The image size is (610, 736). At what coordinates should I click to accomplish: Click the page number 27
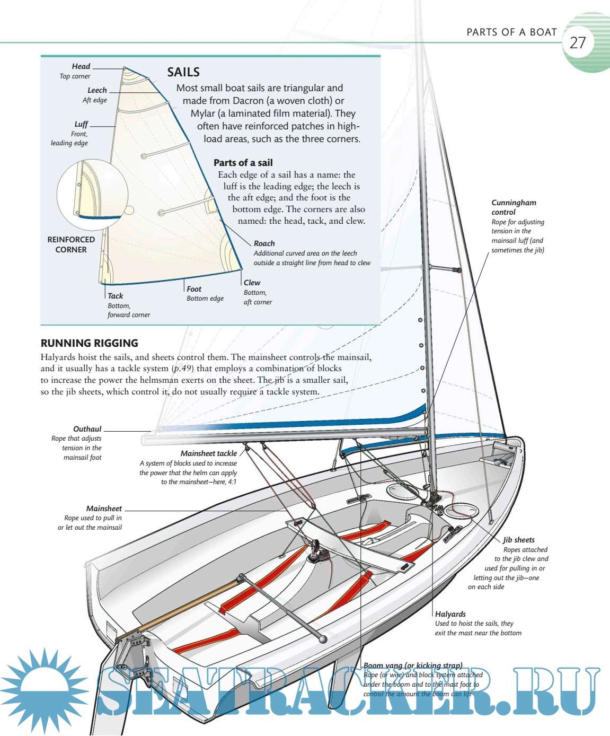[x=578, y=42]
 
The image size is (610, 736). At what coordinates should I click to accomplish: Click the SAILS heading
[x=183, y=72]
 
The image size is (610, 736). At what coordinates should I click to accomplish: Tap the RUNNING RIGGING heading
[x=89, y=343]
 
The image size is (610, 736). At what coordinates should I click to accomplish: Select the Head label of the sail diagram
[x=81, y=66]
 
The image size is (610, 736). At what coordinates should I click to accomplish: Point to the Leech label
[x=97, y=90]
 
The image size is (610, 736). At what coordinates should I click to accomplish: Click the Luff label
[x=81, y=124]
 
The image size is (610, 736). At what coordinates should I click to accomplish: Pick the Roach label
[x=264, y=243]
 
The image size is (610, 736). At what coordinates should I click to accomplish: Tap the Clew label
[x=252, y=283]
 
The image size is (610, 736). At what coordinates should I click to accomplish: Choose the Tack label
[x=115, y=296]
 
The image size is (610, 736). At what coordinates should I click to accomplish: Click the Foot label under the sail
[x=194, y=289]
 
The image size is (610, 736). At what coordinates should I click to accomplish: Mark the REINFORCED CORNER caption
[x=71, y=244]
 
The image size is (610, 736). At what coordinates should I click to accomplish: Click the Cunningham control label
[x=514, y=207]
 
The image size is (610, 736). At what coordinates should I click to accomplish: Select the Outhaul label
[x=87, y=429]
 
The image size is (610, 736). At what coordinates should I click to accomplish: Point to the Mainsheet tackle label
[x=209, y=453]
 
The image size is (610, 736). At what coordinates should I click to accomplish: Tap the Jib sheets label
[x=519, y=540]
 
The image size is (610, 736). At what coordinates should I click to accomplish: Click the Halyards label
[x=450, y=614]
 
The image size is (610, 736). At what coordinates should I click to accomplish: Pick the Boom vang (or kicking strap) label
[x=413, y=665]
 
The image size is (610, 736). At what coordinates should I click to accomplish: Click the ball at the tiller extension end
[x=323, y=638]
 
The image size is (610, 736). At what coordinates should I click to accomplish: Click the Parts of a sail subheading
[x=243, y=163]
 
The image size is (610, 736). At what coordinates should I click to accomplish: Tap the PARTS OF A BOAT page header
[x=511, y=32]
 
